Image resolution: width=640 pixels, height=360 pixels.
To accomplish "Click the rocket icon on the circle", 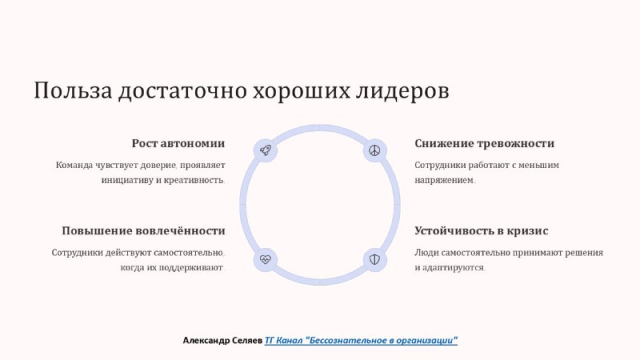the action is [266, 150].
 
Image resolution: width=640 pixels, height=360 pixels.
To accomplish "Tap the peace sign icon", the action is [374, 150].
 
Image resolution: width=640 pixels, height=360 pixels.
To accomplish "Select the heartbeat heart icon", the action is [266, 259].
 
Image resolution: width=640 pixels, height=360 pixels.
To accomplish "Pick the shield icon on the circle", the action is [374, 259].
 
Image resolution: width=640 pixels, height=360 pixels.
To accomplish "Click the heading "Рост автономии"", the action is [178, 143].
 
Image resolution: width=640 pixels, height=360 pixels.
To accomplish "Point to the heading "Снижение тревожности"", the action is [485, 143].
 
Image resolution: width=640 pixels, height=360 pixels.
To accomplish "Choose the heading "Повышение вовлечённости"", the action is [143, 230].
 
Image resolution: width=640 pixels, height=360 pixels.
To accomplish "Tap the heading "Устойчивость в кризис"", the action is [482, 230].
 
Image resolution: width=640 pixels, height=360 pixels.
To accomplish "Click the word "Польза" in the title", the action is [73, 90].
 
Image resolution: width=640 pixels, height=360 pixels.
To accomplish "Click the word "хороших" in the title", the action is [302, 90].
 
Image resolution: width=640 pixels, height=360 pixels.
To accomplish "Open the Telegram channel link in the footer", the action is [361, 340].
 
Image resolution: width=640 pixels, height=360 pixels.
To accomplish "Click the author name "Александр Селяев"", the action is [222, 340].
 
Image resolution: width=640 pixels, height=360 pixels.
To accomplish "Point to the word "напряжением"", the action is [444, 180].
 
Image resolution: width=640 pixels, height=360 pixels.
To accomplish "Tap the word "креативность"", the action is [194, 180].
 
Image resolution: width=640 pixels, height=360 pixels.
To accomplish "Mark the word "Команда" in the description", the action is [74, 166].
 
